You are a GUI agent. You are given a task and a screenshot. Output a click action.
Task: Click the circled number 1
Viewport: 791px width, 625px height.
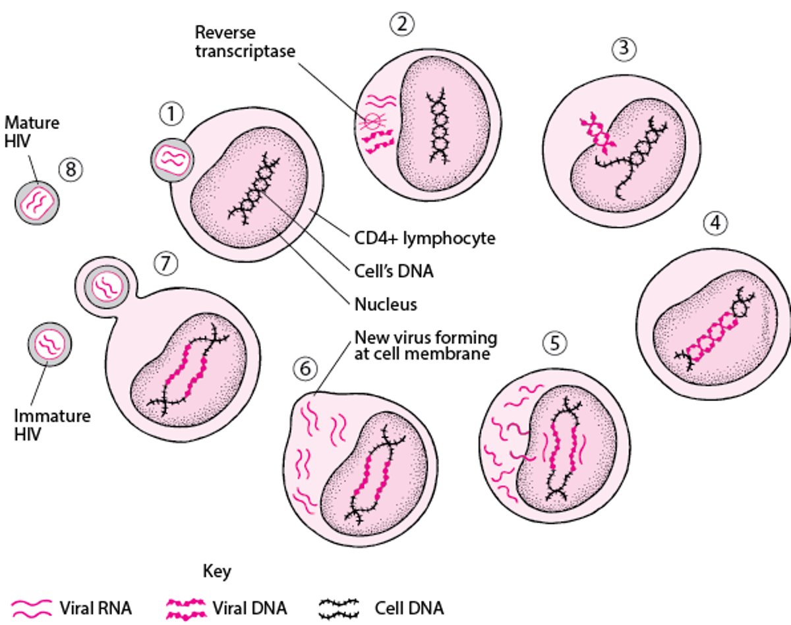click(x=171, y=115)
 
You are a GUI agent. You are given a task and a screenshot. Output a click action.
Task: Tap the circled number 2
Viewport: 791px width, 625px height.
click(x=401, y=24)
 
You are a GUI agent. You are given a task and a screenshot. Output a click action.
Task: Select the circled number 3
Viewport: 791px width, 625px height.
click(x=622, y=48)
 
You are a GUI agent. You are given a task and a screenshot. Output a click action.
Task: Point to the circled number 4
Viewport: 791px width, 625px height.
click(x=715, y=224)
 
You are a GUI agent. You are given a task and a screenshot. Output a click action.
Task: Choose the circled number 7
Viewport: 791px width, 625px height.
click(x=166, y=263)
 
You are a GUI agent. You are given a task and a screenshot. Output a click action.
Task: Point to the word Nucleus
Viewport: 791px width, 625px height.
click(x=386, y=304)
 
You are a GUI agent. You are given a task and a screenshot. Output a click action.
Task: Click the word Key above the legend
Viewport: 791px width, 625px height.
click(x=217, y=570)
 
